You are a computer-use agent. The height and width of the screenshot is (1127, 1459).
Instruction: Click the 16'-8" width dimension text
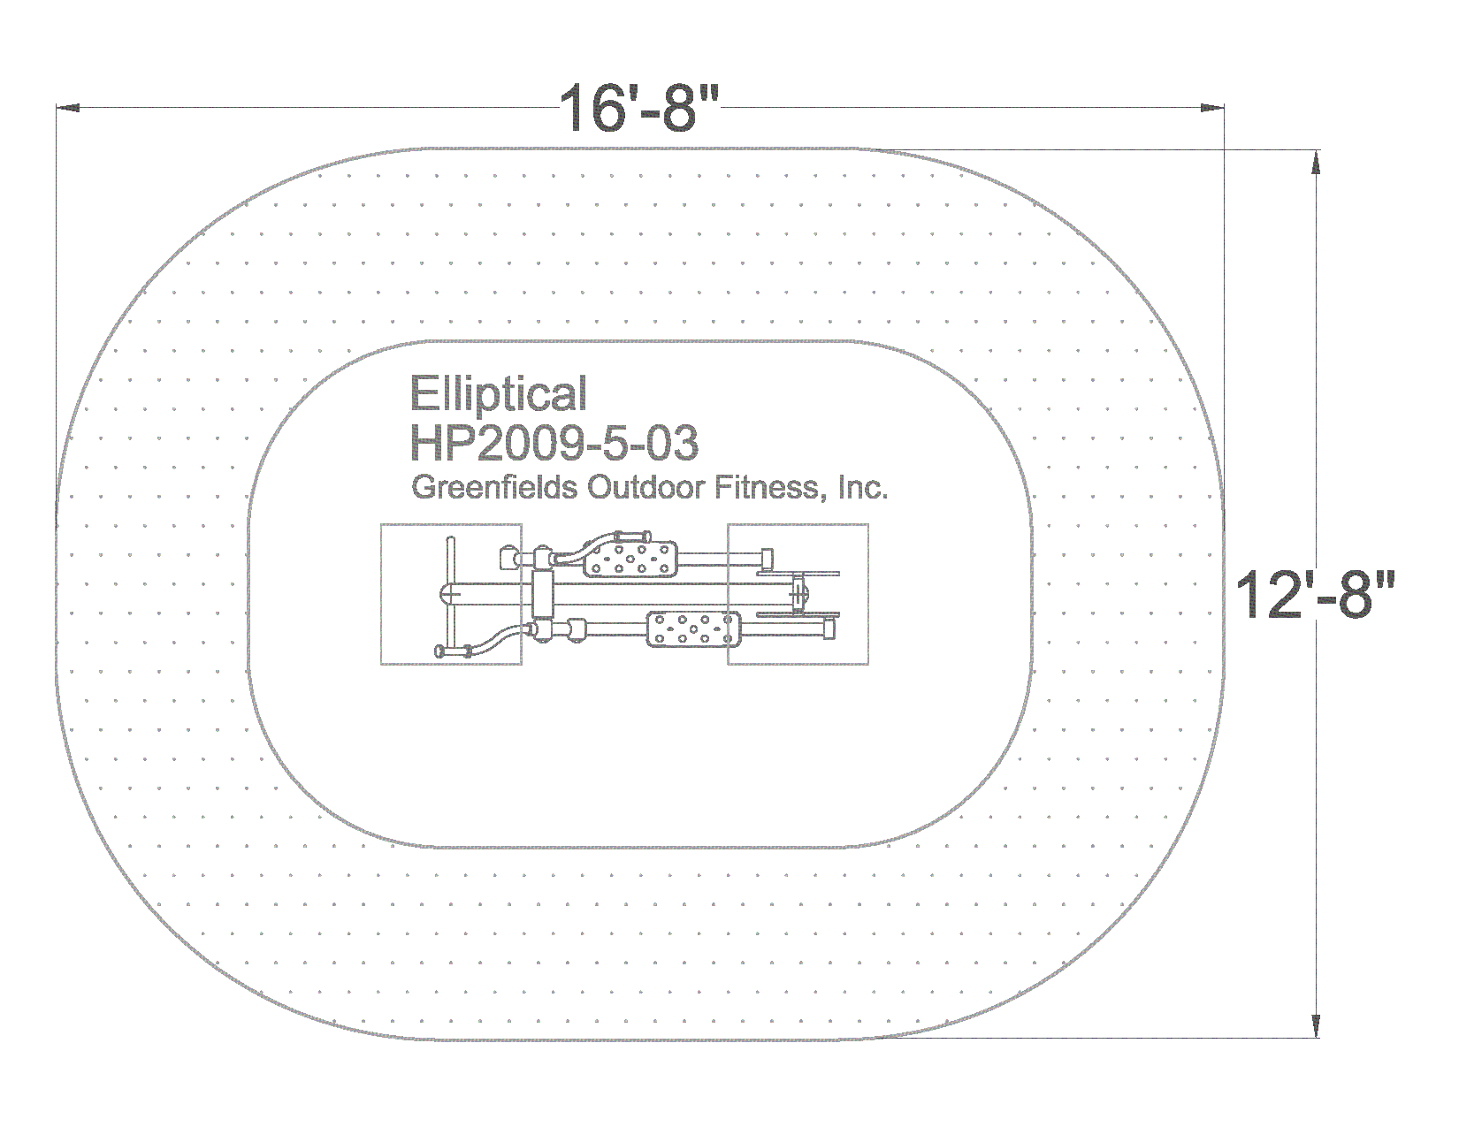click(x=638, y=109)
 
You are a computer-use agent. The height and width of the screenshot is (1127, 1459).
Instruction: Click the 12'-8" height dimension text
click(x=1315, y=595)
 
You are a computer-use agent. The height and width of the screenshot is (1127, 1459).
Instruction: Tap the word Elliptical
click(x=498, y=393)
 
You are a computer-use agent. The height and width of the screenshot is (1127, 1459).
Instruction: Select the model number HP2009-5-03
click(x=554, y=443)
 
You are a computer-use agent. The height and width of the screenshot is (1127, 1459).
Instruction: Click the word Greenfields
click(x=494, y=487)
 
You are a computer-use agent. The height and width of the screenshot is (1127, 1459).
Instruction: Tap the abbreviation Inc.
click(x=863, y=487)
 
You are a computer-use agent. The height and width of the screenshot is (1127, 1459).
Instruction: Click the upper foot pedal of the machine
click(x=630, y=560)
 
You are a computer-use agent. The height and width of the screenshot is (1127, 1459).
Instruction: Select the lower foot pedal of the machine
click(x=693, y=629)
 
